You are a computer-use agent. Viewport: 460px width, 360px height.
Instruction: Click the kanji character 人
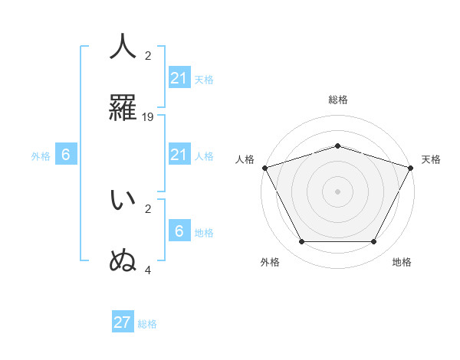123,46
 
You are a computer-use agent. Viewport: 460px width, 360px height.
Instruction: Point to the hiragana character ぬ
123,260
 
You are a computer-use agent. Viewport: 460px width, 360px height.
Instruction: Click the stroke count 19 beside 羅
148,117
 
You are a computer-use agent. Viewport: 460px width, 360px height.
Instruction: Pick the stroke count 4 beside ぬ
148,270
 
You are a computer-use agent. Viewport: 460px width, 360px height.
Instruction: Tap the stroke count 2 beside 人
148,56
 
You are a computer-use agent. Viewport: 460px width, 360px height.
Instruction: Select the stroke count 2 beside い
148,208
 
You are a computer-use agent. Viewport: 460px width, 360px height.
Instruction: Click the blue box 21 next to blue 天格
179,78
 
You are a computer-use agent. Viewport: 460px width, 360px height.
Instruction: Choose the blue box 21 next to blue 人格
179,155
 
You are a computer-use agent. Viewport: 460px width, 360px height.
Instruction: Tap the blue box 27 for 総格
123,322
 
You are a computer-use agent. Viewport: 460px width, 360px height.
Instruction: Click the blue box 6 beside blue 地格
179,231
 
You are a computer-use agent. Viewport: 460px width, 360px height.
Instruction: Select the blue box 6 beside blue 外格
66,155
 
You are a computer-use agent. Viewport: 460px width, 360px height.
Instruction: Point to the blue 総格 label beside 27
147,324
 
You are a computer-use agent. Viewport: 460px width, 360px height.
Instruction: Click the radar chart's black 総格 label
337,100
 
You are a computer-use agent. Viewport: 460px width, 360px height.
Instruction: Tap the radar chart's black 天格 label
431,159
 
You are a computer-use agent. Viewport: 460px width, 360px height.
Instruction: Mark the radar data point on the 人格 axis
264,168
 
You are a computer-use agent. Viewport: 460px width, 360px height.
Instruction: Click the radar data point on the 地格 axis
373,241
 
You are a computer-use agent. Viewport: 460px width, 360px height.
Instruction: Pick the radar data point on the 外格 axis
301,241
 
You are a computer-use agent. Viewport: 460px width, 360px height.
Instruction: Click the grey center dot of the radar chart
337,191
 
